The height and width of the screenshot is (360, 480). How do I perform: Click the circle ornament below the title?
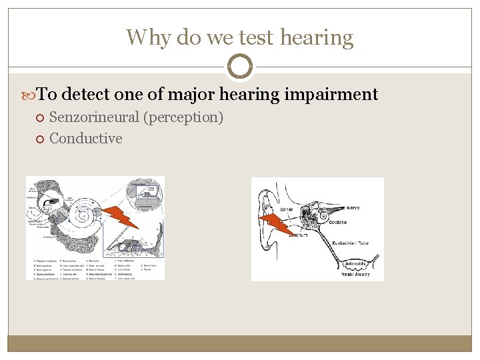click(x=240, y=67)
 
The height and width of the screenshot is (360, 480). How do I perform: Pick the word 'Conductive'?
click(x=86, y=139)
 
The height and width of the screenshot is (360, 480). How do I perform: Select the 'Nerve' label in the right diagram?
click(x=353, y=208)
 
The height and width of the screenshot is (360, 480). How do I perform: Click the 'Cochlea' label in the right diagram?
click(x=339, y=223)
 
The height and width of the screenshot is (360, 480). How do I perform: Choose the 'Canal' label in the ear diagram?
click(x=287, y=209)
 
